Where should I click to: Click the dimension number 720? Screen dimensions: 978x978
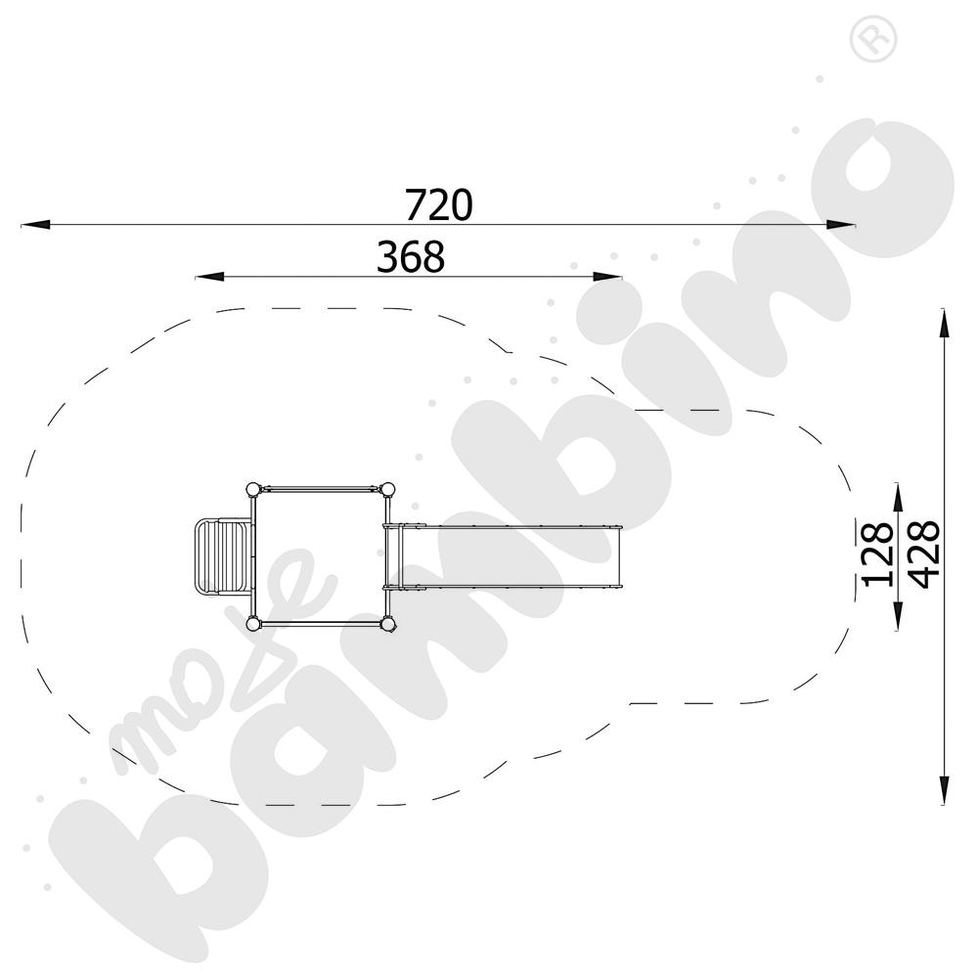(439, 205)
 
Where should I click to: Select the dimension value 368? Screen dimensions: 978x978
(411, 257)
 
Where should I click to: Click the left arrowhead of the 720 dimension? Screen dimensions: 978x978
(35, 225)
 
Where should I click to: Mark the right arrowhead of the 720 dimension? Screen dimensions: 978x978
(842, 225)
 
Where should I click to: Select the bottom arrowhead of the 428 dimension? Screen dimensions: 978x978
(944, 791)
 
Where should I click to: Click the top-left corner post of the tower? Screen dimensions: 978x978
(253, 488)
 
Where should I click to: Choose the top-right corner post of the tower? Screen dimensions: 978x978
(387, 488)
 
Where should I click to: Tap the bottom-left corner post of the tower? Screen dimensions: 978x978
(253, 623)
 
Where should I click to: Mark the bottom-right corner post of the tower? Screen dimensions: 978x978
(387, 623)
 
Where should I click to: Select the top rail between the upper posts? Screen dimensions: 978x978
(320, 487)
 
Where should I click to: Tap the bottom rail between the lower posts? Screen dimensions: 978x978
(320, 623)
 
